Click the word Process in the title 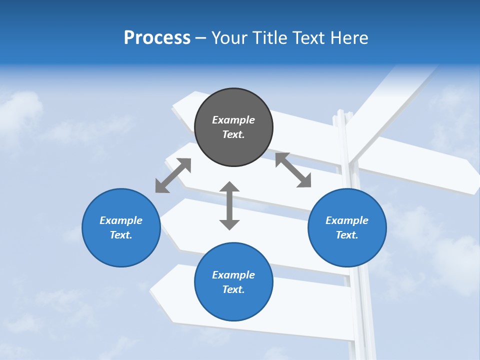tap(157, 38)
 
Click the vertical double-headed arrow tap(229, 205)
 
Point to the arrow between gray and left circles tap(173, 175)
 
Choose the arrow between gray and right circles tap(293, 170)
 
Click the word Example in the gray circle tap(233, 120)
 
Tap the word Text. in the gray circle tap(233, 134)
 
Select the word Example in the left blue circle tap(121, 220)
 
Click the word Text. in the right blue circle tap(347, 235)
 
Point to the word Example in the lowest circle tap(233, 275)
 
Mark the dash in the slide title tap(201, 38)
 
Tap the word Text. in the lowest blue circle tap(233, 289)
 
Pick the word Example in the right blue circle tap(347, 220)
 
